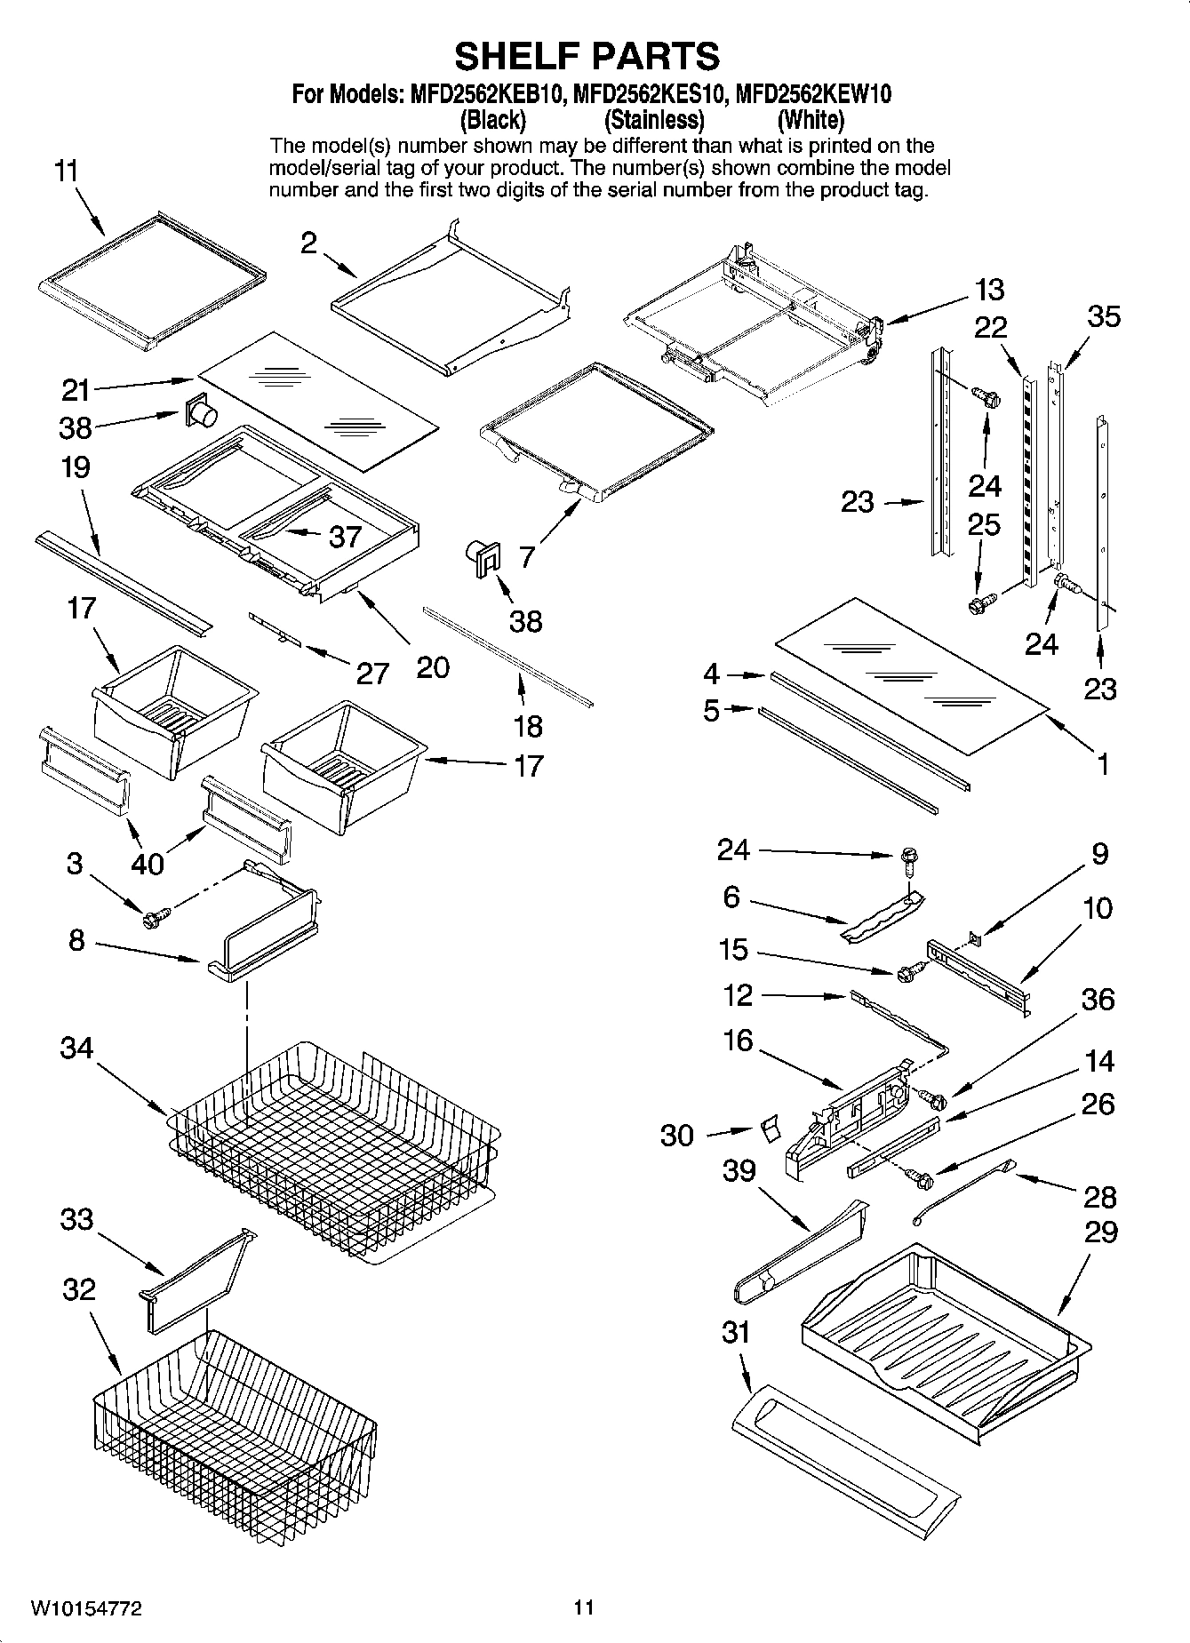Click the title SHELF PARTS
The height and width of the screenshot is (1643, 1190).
point(587,56)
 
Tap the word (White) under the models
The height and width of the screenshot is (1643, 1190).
point(810,119)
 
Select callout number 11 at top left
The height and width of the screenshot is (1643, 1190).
point(67,171)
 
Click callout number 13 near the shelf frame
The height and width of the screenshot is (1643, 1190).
point(989,290)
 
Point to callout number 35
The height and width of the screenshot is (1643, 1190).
point(1104,316)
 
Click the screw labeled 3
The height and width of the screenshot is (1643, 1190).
point(150,921)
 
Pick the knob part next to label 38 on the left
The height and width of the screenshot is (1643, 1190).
point(203,411)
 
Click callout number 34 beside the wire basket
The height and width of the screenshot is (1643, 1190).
point(76,1049)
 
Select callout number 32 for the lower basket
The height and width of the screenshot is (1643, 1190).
point(78,1288)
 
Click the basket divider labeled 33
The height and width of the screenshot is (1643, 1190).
point(191,1276)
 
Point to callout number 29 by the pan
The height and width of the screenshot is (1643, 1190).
point(1101,1232)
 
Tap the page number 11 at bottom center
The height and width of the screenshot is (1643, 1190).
point(584,1607)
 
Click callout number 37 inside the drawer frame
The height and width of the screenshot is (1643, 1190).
point(345,536)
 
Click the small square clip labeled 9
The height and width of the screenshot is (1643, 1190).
point(975,935)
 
